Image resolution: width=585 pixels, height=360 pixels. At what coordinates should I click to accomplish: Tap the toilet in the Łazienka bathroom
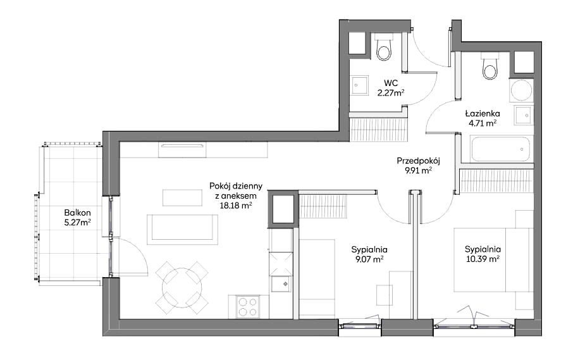pyautogui.click(x=490, y=66)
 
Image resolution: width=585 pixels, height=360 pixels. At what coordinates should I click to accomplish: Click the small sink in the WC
pyautogui.click(x=360, y=85)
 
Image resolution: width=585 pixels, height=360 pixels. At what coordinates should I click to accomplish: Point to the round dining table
pyautogui.click(x=182, y=288)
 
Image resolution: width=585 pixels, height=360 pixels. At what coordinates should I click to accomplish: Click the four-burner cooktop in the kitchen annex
pyautogui.click(x=248, y=306)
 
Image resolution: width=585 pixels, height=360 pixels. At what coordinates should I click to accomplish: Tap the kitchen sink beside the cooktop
pyautogui.click(x=281, y=284)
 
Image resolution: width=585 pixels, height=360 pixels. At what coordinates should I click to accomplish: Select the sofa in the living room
pyautogui.click(x=182, y=230)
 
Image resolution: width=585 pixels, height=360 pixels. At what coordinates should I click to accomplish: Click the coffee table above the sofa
pyautogui.click(x=182, y=197)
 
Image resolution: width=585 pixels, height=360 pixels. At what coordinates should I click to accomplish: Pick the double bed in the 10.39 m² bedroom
pyautogui.click(x=493, y=259)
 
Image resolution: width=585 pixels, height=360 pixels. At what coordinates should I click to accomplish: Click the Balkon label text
pyautogui.click(x=78, y=213)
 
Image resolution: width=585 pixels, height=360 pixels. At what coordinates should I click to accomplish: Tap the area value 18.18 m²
pyautogui.click(x=236, y=204)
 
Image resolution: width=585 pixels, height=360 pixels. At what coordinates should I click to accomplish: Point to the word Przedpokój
pyautogui.click(x=419, y=161)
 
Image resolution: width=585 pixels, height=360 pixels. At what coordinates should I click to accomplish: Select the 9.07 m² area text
pyautogui.click(x=369, y=258)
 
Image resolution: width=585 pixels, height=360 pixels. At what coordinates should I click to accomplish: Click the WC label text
pyautogui.click(x=391, y=83)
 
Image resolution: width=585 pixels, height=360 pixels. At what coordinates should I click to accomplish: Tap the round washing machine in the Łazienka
pyautogui.click(x=521, y=90)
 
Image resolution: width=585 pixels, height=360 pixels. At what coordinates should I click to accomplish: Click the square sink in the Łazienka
pyautogui.click(x=524, y=115)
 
